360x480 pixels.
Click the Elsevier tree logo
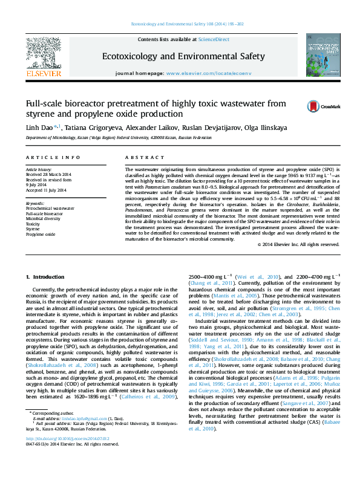pyautogui.click(x=43, y=53)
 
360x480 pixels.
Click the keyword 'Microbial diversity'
pyautogui.click(x=43, y=219)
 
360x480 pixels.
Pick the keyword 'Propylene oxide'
pyautogui.click(x=40, y=233)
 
